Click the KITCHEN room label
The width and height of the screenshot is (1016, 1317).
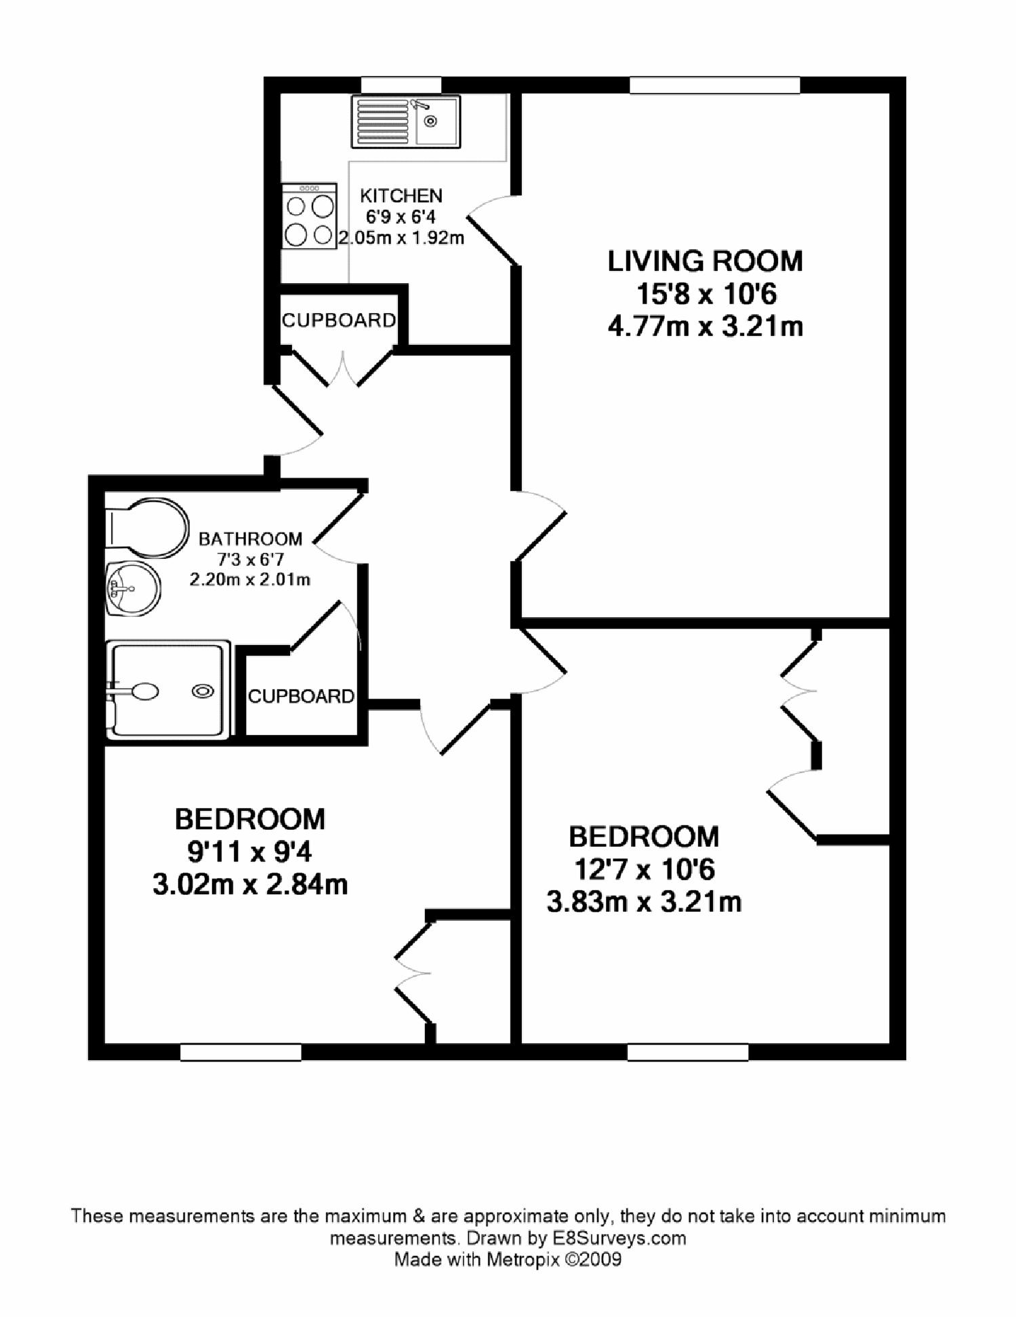click(x=401, y=196)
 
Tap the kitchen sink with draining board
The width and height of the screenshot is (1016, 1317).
click(x=405, y=121)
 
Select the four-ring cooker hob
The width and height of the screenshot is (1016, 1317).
click(x=310, y=216)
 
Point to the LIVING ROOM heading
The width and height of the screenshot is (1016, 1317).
click(x=705, y=262)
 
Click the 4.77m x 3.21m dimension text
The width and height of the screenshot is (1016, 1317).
click(x=705, y=327)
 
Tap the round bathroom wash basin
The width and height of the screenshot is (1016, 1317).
click(x=132, y=587)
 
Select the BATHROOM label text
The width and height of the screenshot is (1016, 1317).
click(x=250, y=539)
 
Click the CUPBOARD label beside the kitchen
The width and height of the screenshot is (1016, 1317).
click(x=338, y=320)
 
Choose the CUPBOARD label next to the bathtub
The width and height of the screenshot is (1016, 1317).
click(x=301, y=696)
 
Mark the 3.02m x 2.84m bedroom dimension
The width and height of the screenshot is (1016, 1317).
click(x=250, y=885)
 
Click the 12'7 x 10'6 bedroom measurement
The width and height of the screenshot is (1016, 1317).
click(x=644, y=869)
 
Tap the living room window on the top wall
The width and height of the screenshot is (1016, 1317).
click(x=714, y=85)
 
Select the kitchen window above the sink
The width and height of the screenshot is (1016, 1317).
click(x=401, y=85)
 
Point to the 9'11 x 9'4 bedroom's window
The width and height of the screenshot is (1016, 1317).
click(x=241, y=1051)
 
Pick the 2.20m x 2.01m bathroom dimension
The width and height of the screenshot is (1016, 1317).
click(x=250, y=580)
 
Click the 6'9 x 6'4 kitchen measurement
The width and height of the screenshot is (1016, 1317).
click(x=401, y=217)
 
